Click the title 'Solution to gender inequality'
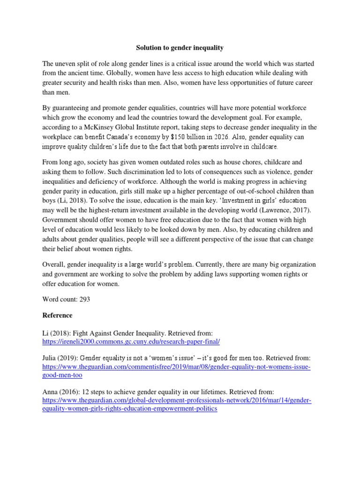180,47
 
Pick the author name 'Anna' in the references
51,391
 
